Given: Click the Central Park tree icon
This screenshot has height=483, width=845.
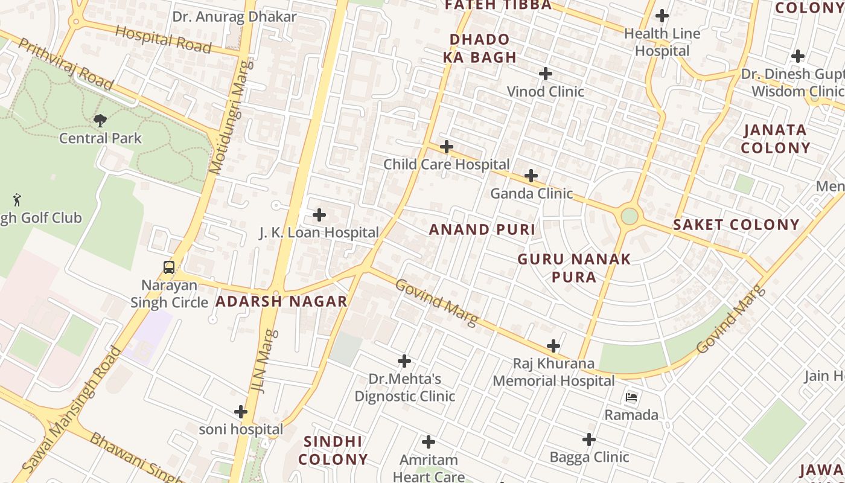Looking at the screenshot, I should (x=100, y=121).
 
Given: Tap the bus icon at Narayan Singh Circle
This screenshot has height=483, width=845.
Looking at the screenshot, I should (x=169, y=267).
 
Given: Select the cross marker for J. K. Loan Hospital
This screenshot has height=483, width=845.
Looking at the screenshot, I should (x=319, y=214).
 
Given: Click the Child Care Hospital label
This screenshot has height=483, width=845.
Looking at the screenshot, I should (x=447, y=164).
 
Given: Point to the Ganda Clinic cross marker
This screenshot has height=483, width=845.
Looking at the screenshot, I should (x=531, y=176).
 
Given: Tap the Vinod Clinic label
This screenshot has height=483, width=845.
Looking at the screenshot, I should (x=546, y=92).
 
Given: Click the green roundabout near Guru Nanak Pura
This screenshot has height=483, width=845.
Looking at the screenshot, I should (x=630, y=216).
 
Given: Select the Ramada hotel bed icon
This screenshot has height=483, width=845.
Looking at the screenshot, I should (x=631, y=397).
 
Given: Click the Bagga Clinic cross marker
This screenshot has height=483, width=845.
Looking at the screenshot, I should (x=589, y=440).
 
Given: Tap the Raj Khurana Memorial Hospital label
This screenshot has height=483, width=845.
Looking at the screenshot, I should (x=553, y=373).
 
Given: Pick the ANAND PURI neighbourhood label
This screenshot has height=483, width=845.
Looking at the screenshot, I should (x=482, y=229).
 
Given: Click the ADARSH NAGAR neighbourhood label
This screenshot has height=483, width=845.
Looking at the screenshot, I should (x=281, y=301).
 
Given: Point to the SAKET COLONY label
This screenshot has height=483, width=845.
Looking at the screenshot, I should (x=736, y=225).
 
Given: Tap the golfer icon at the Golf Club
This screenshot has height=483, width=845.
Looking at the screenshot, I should (x=17, y=199).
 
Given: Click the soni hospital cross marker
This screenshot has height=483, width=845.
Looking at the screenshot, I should (x=241, y=412).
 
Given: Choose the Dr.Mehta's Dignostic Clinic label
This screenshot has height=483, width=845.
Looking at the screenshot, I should (x=404, y=388).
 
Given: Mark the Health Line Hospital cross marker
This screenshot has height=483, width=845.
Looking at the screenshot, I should (x=662, y=16).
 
